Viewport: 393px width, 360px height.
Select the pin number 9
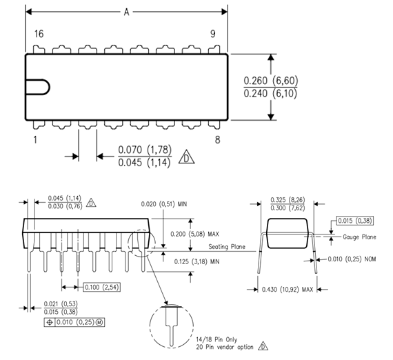tap(213, 34)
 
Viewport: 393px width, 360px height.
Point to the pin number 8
tap(218, 140)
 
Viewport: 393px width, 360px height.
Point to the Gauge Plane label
tap(359, 237)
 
